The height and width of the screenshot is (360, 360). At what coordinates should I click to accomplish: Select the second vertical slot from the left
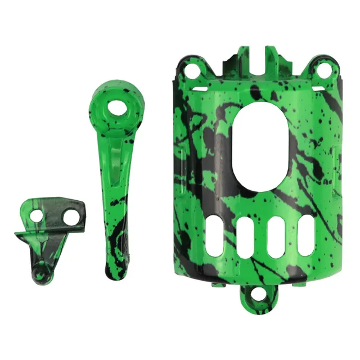point(246,237)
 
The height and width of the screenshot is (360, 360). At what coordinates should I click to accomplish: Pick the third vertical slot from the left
point(276,237)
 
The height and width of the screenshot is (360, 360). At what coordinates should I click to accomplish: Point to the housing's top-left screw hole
point(192,71)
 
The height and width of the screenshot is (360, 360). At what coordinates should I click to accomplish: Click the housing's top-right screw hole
point(325,70)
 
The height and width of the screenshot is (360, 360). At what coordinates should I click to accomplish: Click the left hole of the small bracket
point(37,215)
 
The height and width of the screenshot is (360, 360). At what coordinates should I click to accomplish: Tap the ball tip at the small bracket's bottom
point(40,275)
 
